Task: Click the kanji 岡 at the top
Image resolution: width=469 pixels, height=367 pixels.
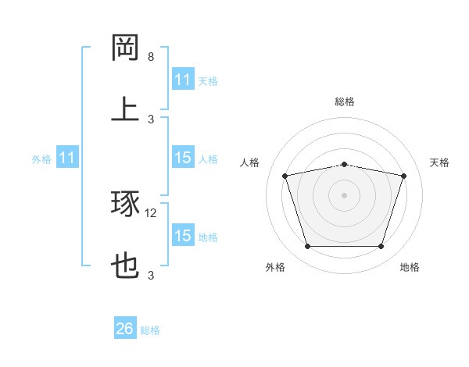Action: [x=127, y=48]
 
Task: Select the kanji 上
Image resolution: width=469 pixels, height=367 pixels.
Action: [x=127, y=108]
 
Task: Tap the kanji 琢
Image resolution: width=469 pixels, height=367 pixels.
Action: [x=127, y=205]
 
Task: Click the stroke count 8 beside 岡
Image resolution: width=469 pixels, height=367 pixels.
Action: [x=151, y=57]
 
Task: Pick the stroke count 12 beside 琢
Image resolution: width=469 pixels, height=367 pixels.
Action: [x=151, y=212]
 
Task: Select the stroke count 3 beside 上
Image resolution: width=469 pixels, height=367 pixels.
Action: [x=151, y=119]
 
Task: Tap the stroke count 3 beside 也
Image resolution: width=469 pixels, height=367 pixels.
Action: [x=151, y=275]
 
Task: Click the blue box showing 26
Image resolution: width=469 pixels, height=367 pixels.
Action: [x=125, y=329]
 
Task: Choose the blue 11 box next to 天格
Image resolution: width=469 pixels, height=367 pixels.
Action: [x=183, y=80]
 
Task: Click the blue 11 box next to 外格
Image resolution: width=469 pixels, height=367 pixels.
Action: [x=67, y=158]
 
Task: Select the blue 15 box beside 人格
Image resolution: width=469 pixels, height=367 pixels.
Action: [x=183, y=158]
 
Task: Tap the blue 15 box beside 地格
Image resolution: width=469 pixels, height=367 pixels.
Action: [x=183, y=236]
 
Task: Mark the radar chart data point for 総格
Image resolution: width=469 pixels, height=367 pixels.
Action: [x=344, y=164]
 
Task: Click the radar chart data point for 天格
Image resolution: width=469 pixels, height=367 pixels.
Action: [x=404, y=176]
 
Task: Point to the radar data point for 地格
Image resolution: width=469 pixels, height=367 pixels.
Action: [x=381, y=247]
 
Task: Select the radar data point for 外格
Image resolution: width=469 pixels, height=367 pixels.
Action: [x=307, y=247]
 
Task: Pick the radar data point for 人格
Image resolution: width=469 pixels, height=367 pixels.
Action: [x=285, y=176]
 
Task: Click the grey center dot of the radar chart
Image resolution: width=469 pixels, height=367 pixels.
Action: [x=344, y=195]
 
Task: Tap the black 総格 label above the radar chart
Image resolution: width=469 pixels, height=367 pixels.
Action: [x=344, y=102]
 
